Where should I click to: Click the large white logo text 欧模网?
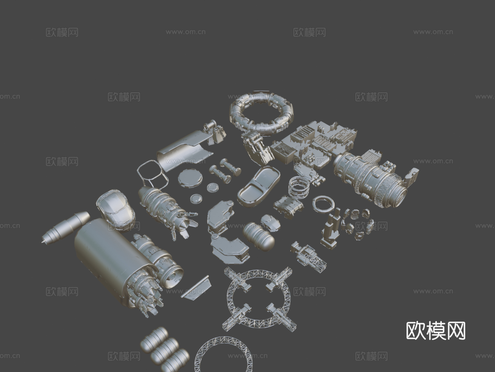point(436,331)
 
